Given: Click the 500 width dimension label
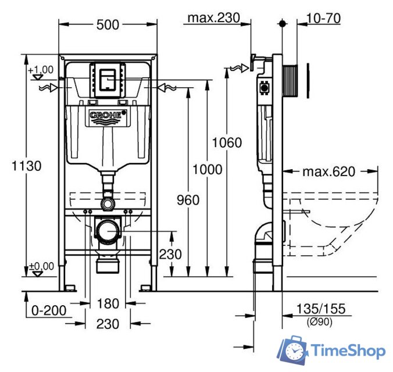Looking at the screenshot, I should coord(108,24).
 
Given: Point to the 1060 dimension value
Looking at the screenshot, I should coord(227,142).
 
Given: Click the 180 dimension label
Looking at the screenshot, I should coord(108,303).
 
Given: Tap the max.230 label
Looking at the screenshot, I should coord(213,18).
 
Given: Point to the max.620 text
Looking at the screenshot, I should coord(328,171).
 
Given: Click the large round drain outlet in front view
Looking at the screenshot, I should coord(108,232).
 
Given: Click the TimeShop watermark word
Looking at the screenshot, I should coord(348,351).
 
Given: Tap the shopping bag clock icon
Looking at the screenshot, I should coord(294,350).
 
